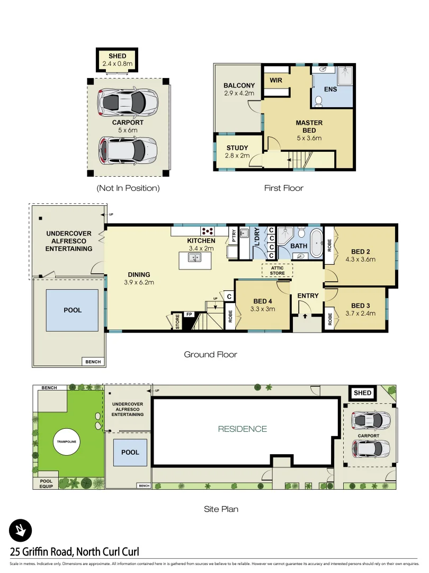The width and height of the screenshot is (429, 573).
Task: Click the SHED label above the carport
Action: point(117,56)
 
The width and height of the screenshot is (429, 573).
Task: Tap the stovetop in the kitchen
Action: point(207,231)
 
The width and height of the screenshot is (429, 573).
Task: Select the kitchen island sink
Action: point(195,258)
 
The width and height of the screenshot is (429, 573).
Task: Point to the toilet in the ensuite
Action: point(319,97)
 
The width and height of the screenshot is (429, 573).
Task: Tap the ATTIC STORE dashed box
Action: point(277,271)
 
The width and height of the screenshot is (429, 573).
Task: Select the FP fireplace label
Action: point(189,315)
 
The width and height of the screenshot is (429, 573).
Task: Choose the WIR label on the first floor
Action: point(276,81)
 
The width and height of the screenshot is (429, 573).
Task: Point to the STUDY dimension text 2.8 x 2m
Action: point(237,155)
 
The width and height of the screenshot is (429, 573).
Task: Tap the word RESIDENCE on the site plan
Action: point(242,429)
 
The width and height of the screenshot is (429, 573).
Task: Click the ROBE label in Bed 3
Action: point(329,319)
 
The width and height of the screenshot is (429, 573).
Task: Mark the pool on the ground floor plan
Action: point(72,310)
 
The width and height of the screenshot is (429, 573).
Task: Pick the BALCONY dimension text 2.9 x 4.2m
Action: point(239,93)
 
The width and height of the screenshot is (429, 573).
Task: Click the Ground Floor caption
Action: point(210,354)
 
